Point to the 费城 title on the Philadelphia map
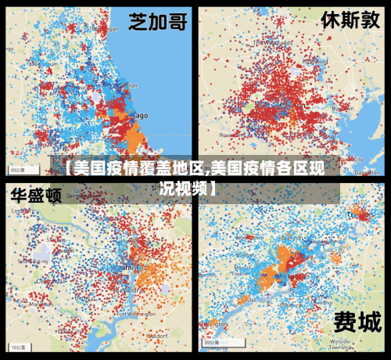[357, 322]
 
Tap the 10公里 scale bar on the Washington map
[18, 345]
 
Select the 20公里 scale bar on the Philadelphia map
[212, 342]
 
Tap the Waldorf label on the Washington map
[157, 334]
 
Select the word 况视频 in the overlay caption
[185, 189]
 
